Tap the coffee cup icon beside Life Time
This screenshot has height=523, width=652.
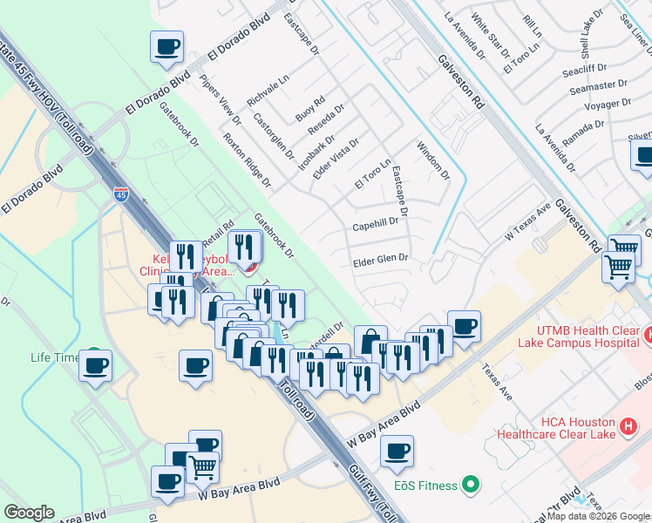pyautogui.click(x=95, y=364)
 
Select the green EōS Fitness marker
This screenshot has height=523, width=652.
pyautogui.click(x=472, y=482)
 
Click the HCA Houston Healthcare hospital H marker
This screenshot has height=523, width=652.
pyautogui.click(x=628, y=427)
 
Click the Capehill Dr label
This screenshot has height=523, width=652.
pyautogui.click(x=376, y=225)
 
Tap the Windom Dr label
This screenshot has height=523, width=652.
pyautogui.click(x=433, y=160)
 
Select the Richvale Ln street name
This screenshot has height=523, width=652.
pyautogui.click(x=268, y=90)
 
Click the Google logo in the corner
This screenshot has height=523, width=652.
pyautogui.click(x=29, y=513)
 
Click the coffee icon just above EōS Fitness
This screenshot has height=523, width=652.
pyautogui.click(x=397, y=451)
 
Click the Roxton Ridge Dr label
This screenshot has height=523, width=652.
pyautogui.click(x=247, y=160)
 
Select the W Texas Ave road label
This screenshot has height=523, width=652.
pyautogui.click(x=528, y=224)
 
